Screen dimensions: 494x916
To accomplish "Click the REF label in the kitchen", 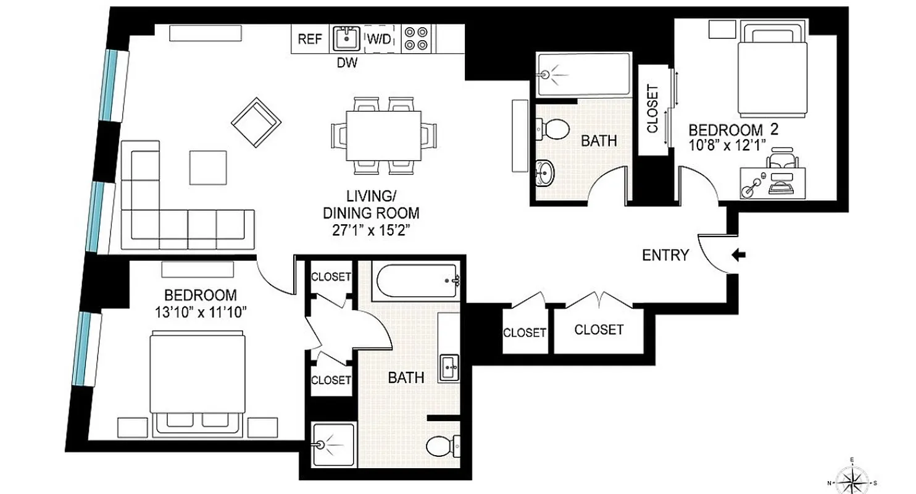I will [x=310, y=39].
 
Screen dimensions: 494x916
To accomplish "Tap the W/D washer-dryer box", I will [x=380, y=39].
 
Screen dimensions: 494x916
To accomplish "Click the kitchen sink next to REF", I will [x=346, y=39].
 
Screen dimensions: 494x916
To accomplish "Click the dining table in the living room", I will [x=383, y=135].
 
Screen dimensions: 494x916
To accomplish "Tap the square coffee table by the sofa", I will [x=207, y=167].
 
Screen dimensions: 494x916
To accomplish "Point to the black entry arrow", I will [x=738, y=254].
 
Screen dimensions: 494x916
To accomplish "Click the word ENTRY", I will [x=665, y=255].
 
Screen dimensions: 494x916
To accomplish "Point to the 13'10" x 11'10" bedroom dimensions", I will [x=201, y=311].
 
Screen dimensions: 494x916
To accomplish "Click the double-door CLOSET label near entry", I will [x=599, y=330].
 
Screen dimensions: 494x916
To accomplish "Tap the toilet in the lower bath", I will [x=443, y=445].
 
